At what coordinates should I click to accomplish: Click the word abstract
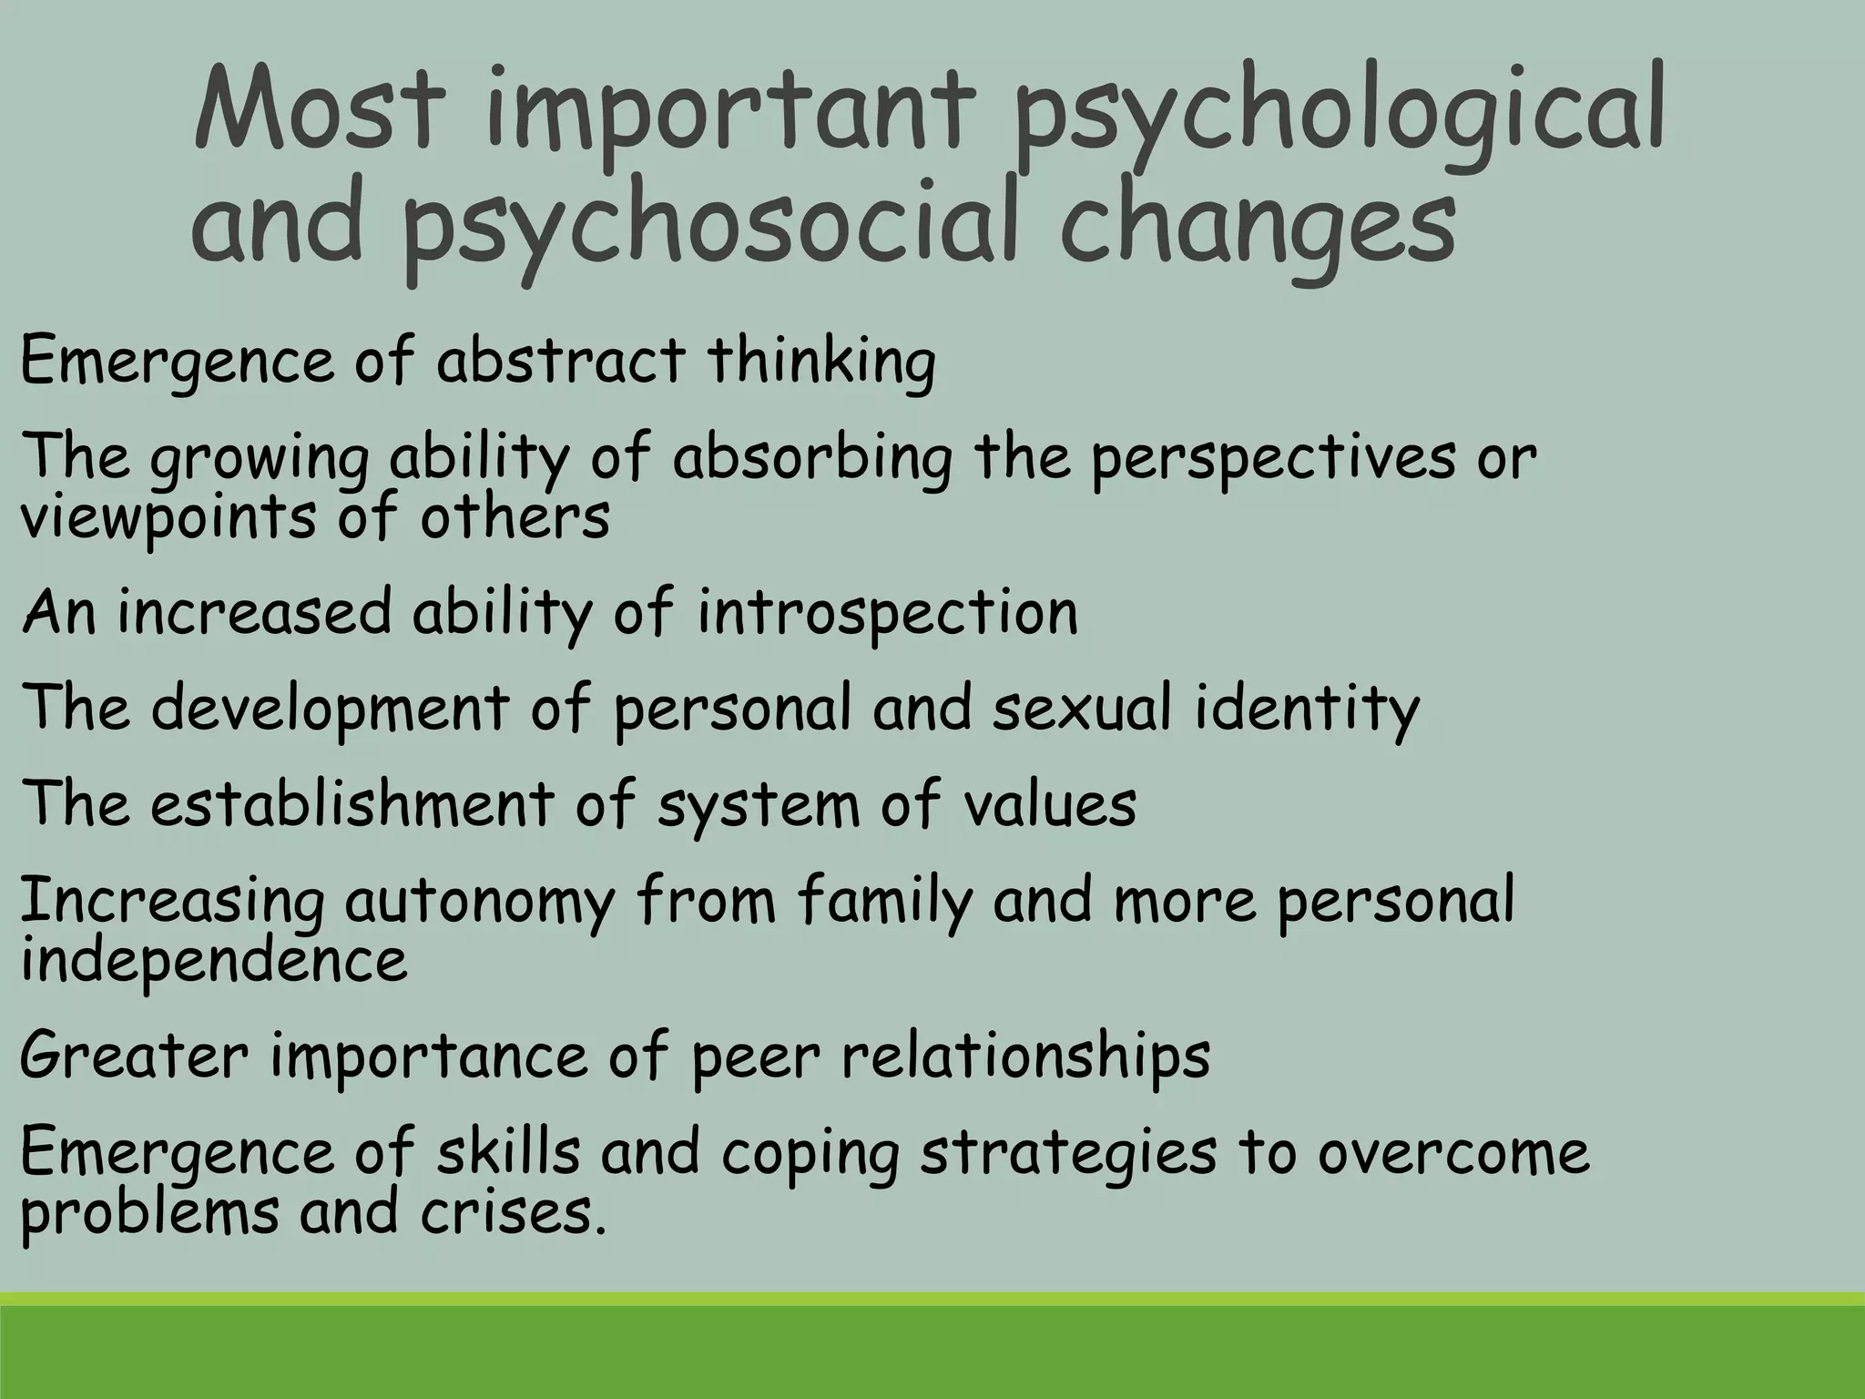point(560,361)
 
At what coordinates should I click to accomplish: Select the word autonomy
point(479,902)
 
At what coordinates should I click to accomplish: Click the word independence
point(213,960)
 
